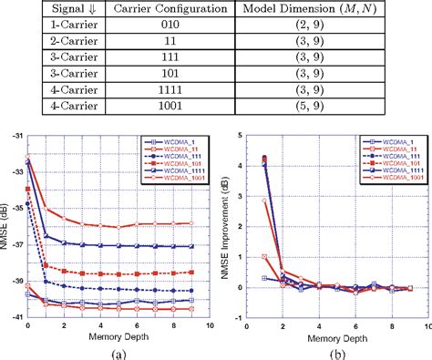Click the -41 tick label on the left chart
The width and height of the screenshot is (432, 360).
click(x=16, y=316)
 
